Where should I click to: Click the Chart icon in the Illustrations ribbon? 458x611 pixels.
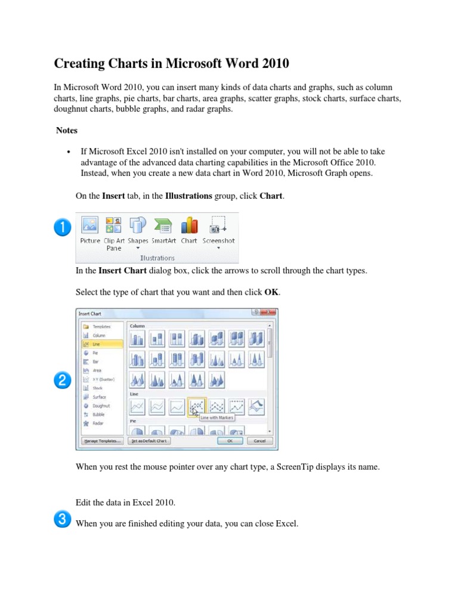click(x=189, y=230)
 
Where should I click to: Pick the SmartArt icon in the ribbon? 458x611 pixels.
click(x=163, y=230)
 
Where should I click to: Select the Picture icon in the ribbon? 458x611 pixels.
click(x=90, y=230)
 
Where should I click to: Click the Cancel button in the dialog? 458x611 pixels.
click(x=259, y=441)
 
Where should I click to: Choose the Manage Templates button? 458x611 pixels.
click(x=102, y=441)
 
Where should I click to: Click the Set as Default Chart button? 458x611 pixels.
click(x=150, y=441)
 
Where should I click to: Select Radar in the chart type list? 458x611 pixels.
click(x=97, y=423)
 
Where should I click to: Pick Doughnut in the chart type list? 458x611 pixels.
click(x=101, y=406)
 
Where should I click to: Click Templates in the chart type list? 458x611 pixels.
click(x=101, y=327)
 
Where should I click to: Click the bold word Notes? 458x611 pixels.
click(x=66, y=130)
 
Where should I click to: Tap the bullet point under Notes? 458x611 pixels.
click(x=70, y=152)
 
